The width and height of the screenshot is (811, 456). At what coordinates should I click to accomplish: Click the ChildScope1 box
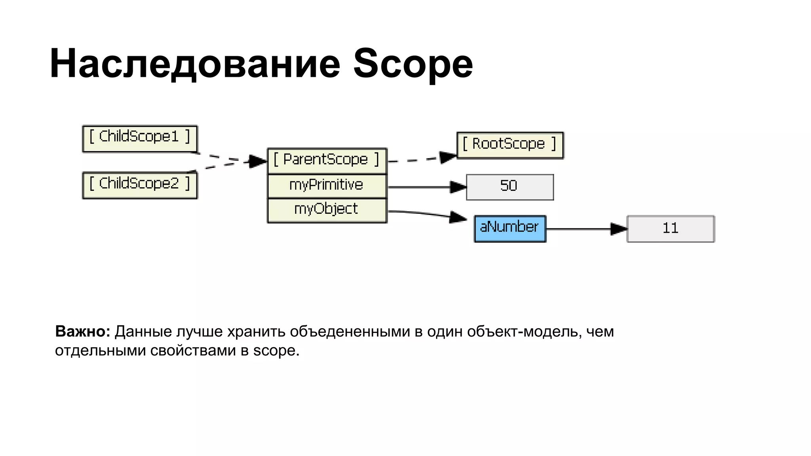pos(139,139)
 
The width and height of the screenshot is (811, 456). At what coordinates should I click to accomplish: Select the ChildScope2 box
pos(139,185)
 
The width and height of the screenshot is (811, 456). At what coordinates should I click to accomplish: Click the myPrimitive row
pos(327,186)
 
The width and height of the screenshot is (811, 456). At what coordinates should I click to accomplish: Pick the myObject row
pos(327,210)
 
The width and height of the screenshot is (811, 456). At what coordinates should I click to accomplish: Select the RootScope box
pos(510,145)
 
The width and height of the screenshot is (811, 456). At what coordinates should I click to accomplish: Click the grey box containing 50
pos(510,187)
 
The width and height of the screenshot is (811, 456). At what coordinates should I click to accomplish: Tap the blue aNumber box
pos(510,228)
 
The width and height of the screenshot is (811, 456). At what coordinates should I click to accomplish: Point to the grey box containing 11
pos(670,228)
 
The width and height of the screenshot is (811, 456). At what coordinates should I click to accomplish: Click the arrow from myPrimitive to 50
pos(424,187)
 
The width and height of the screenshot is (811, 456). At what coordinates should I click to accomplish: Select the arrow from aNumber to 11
pos(582,229)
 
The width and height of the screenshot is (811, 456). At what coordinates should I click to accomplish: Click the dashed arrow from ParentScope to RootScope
pos(420,160)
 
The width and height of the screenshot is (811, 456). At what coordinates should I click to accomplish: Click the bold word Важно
pos(82,331)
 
